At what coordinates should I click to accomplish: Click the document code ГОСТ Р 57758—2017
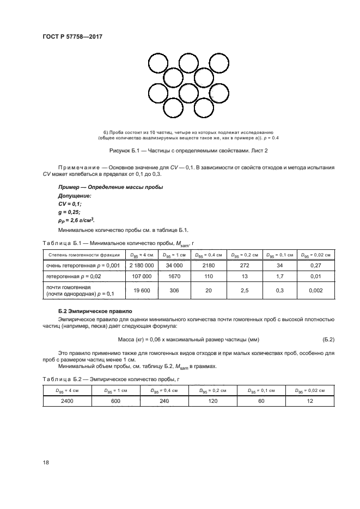tap(72, 37)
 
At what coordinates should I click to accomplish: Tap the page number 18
tap(46, 462)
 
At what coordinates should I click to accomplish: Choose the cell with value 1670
tap(174, 276)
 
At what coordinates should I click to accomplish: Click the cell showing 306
tap(174, 291)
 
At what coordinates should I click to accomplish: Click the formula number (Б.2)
tap(328, 340)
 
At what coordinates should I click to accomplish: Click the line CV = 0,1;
tap(70, 204)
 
